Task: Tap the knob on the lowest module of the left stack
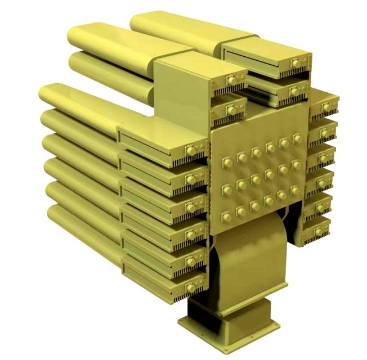coord(191,287)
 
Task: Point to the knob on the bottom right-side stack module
coord(324,230)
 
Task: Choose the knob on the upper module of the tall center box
coord(232,82)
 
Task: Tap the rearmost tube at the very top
coord(169,25)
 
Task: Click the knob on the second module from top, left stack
coord(191,179)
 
